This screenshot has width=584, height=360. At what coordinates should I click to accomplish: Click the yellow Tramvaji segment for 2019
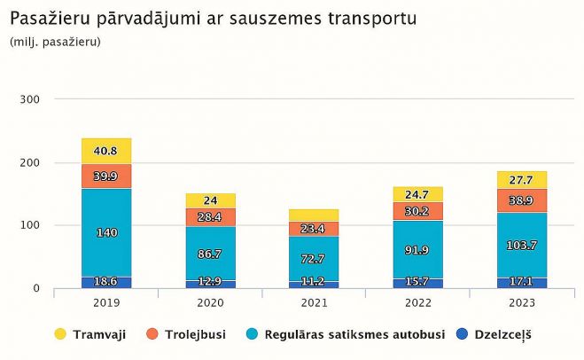point(106,151)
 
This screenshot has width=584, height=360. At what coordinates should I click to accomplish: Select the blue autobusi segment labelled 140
point(106,232)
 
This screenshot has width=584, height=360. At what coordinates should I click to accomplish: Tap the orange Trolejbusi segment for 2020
point(211,217)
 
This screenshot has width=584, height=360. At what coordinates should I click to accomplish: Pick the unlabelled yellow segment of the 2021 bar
point(314,215)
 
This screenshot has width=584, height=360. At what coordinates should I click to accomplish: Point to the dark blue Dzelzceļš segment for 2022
point(417,282)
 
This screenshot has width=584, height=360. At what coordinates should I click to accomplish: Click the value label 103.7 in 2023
point(521,246)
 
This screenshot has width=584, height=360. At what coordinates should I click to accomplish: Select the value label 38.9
point(521,201)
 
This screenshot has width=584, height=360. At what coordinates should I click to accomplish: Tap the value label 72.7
point(314,259)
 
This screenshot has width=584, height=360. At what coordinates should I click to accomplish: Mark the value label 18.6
point(106,281)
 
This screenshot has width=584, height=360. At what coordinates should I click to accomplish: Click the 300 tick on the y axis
point(29,99)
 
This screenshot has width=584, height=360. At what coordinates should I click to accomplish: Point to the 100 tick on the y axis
point(29,225)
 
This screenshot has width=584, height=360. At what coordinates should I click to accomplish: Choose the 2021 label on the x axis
point(314,301)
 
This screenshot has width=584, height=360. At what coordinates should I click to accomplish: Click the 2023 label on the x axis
point(521,301)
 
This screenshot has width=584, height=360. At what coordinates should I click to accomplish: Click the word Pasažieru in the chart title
point(44,18)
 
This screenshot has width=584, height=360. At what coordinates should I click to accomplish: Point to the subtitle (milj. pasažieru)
point(55,42)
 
